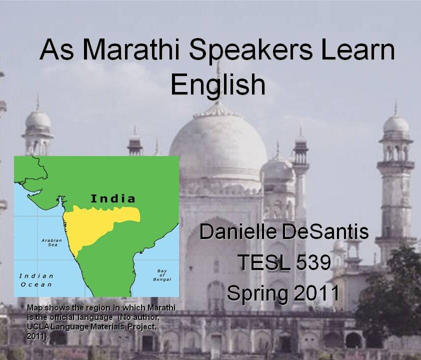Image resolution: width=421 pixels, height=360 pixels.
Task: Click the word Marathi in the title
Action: pos(131,49)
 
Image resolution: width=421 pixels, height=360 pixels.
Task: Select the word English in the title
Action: pos(218,84)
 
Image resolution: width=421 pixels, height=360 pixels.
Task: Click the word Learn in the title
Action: pos(358,49)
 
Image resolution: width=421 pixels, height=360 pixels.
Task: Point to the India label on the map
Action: pos(113,198)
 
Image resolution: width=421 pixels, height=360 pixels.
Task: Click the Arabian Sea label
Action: pos(52,242)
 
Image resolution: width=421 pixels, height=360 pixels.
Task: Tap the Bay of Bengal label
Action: pos(162,275)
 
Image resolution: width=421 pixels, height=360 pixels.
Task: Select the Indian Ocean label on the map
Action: pos(36,280)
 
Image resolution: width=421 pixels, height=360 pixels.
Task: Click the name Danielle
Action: pos(238,232)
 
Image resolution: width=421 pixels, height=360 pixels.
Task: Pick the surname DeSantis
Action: pos(325,232)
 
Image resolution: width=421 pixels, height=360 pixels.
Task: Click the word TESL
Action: pos(263,262)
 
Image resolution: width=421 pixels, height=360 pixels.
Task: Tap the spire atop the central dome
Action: pos(218,80)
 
